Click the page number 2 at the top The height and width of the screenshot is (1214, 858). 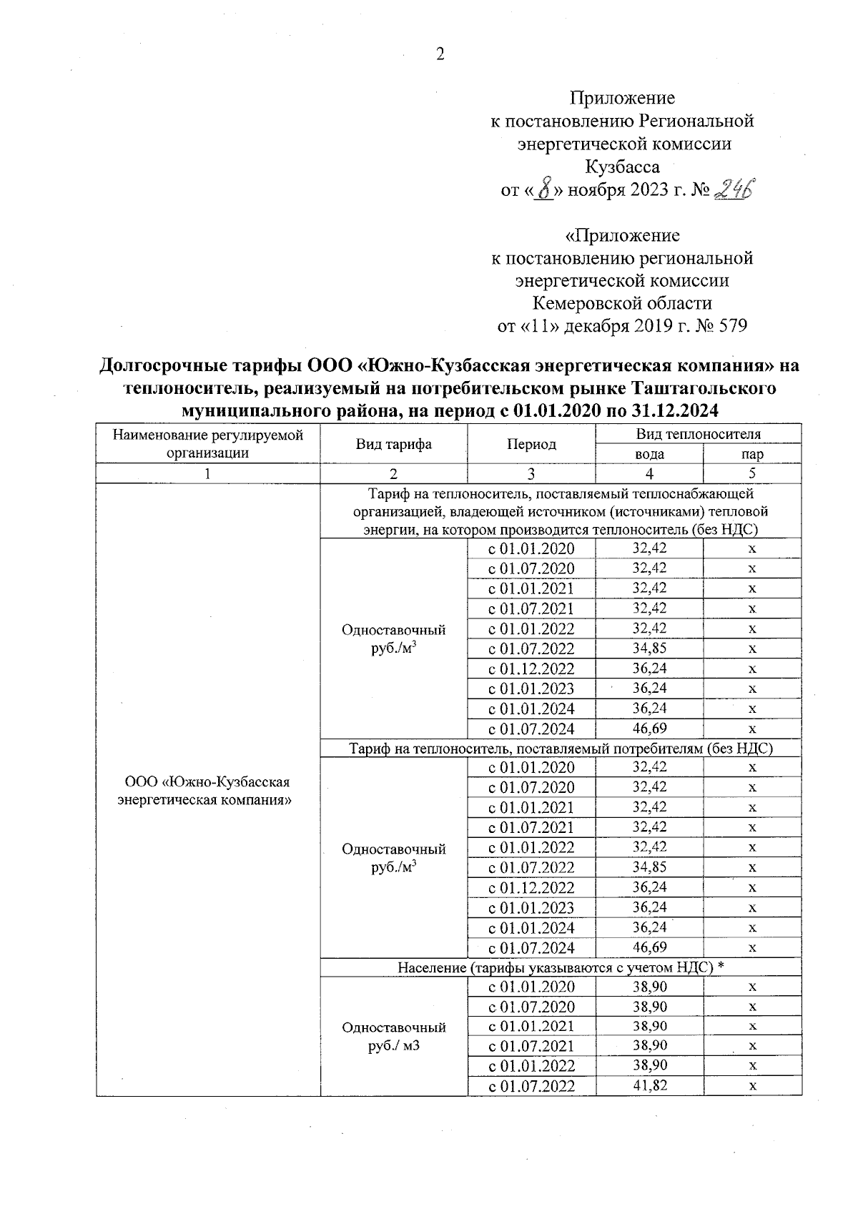click(440, 55)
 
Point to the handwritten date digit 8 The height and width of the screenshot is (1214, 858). click(545, 190)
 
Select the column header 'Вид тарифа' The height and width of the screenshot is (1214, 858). click(393, 444)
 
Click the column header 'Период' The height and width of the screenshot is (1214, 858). click(531, 444)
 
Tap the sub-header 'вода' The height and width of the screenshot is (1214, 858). click(649, 454)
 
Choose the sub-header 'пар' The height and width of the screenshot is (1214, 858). click(752, 454)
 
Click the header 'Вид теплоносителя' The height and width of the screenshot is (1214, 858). click(698, 434)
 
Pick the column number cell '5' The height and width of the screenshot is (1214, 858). click(752, 473)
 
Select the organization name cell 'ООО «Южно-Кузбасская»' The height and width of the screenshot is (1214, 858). click(207, 790)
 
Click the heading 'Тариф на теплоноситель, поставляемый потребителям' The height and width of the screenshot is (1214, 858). click(561, 749)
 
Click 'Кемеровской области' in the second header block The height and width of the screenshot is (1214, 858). click(622, 303)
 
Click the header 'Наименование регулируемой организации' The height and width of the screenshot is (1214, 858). click(208, 443)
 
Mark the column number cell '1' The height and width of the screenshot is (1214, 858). click(208, 473)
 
